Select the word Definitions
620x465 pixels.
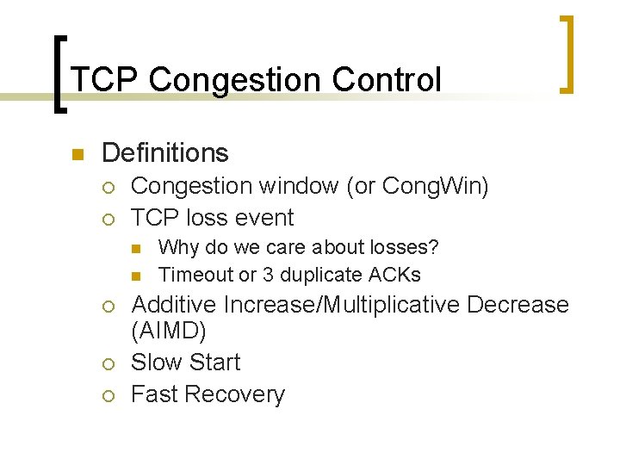[164, 153]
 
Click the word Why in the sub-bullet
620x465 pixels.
[178, 248]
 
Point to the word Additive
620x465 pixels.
[173, 305]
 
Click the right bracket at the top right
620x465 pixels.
[567, 53]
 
